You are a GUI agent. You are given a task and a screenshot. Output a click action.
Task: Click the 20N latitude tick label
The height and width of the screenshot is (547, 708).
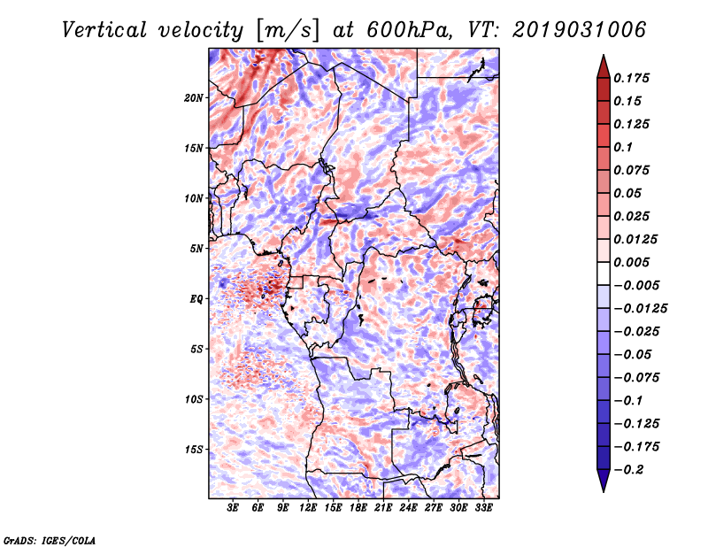pos(195,97)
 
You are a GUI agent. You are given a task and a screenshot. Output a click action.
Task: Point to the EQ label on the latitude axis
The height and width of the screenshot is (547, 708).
pos(196,299)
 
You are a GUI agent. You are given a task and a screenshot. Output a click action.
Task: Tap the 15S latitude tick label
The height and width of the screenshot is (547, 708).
pos(195,450)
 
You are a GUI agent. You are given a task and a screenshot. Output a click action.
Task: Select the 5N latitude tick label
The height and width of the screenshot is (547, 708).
pos(197,249)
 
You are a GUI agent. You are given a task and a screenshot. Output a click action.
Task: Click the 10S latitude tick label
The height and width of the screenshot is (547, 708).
pos(195,399)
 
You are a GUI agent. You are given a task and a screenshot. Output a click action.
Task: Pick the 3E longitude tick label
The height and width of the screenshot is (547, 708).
pos(234,509)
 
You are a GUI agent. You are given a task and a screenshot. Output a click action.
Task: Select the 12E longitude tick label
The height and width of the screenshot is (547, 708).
pos(309,509)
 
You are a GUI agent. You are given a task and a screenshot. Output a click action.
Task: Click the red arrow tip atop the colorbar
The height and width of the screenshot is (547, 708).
pos(603,63)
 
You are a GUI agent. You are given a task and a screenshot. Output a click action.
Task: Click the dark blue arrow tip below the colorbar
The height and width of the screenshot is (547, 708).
pos(603,482)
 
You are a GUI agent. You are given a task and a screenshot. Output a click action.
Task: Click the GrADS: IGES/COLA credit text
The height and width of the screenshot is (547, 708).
pos(49,539)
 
